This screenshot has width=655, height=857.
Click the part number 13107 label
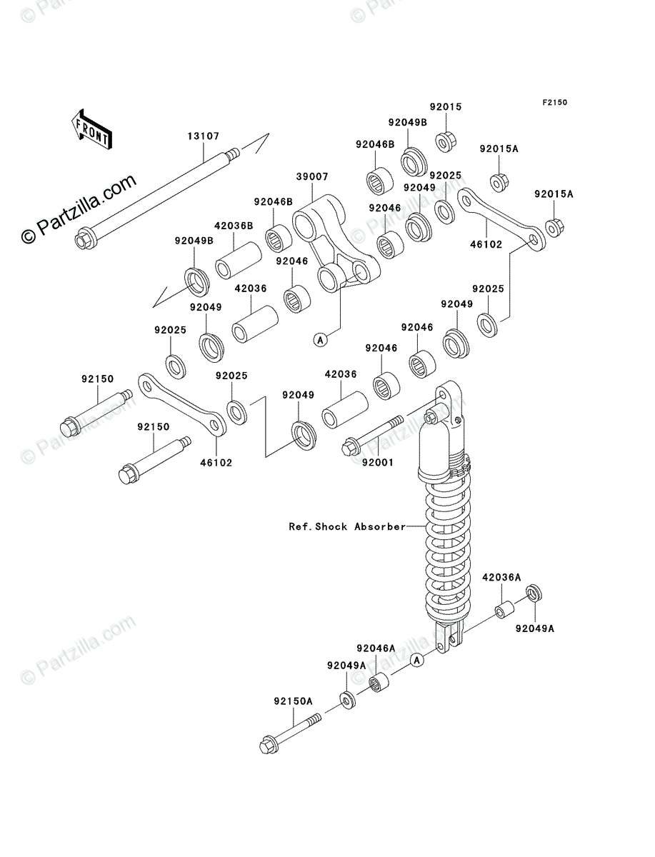coord(204,135)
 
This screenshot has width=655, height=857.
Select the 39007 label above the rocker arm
coord(312,175)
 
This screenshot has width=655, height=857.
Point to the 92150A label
coord(293,701)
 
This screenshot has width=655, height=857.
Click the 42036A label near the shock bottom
coord(501,576)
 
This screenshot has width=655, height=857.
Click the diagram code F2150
coord(554,103)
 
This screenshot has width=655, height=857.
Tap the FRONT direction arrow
coord(91,128)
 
